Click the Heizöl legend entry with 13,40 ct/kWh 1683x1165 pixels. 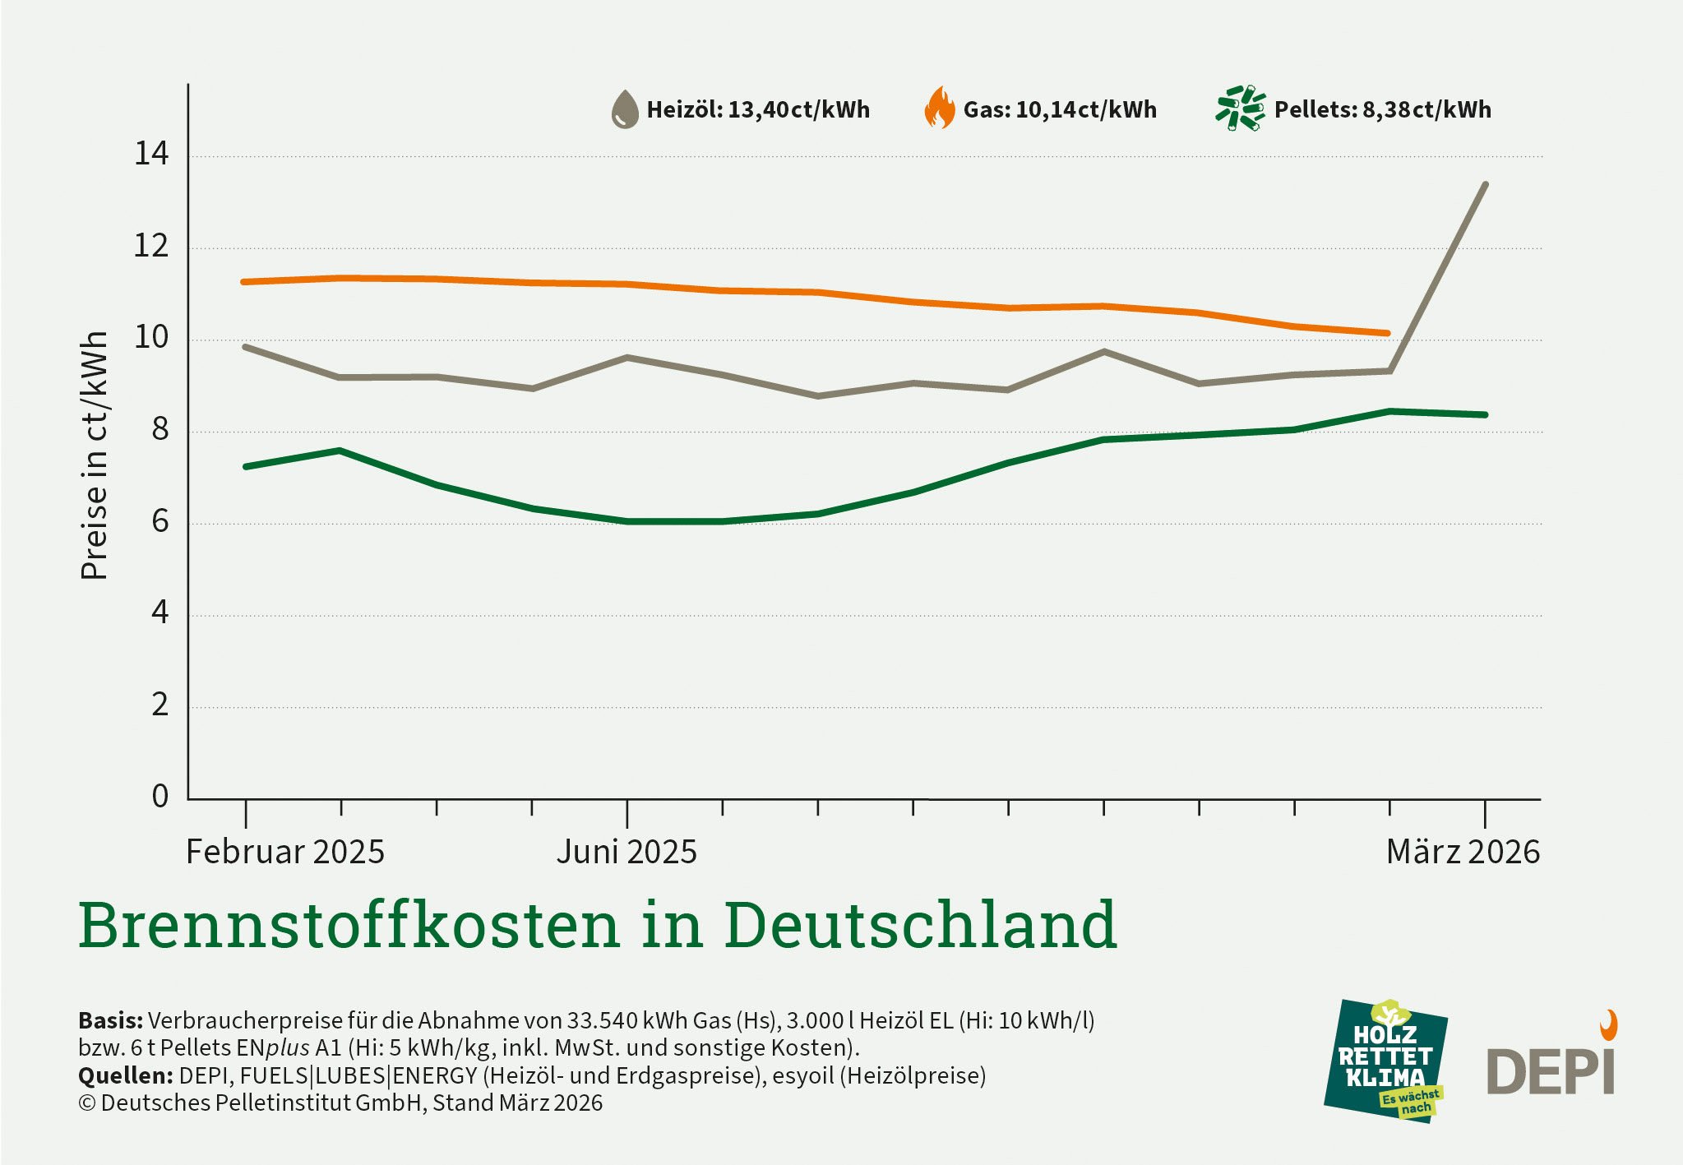tap(757, 109)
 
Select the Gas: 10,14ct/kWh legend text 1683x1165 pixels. tap(1059, 109)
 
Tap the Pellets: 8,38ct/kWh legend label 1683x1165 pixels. tap(1382, 109)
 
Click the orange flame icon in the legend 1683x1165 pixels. tap(939, 109)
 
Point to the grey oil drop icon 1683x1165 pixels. tap(625, 109)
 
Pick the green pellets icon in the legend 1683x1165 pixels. tap(1240, 108)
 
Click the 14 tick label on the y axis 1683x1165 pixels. tap(151, 154)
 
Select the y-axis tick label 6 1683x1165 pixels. tap(160, 521)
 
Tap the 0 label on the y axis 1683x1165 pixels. tap(160, 796)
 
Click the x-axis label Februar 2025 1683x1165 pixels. tap(284, 852)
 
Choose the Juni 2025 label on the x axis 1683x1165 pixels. tap(627, 852)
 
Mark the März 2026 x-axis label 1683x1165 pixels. tap(1463, 852)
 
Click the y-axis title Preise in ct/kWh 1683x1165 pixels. tap(95, 455)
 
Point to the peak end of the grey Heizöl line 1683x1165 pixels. tap(1485, 184)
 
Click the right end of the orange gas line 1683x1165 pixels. tap(1388, 333)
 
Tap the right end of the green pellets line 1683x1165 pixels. tap(1485, 414)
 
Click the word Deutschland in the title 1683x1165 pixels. tap(920, 926)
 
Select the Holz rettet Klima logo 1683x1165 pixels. tap(1386, 1061)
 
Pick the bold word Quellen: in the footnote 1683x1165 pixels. tap(125, 1075)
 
